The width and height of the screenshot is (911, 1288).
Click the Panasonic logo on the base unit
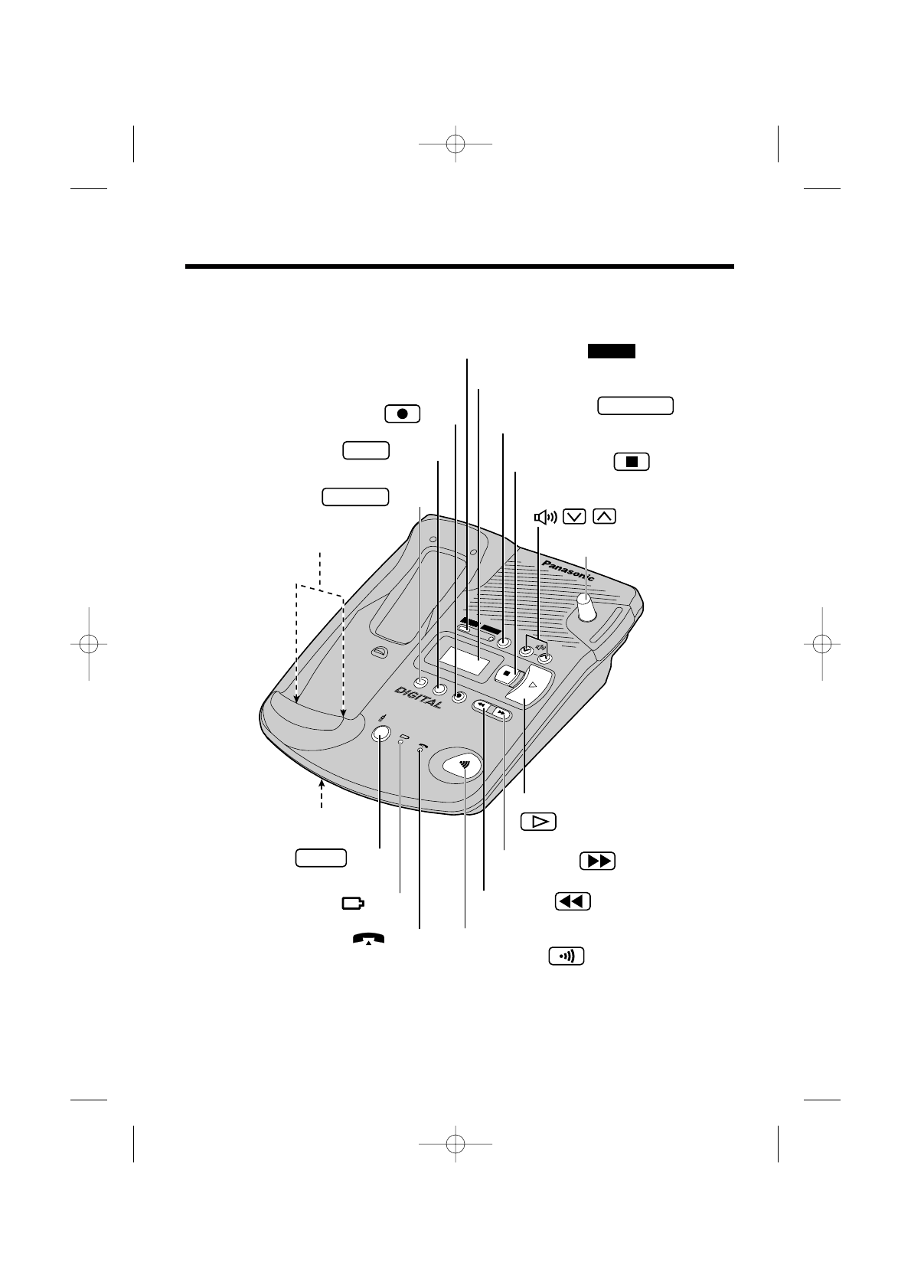click(x=567, y=571)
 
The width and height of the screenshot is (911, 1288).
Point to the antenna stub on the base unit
click(x=586, y=607)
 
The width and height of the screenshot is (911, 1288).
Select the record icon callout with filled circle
click(x=403, y=414)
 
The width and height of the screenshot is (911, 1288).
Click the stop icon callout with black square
click(x=632, y=462)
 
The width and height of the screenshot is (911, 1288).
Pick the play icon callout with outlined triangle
click(x=538, y=822)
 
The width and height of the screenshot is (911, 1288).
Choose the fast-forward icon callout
click(x=598, y=861)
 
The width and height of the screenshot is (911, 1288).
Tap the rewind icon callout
click(x=573, y=901)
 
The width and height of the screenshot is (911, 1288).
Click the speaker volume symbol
click(x=545, y=517)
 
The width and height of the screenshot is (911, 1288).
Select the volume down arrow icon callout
click(x=575, y=516)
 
